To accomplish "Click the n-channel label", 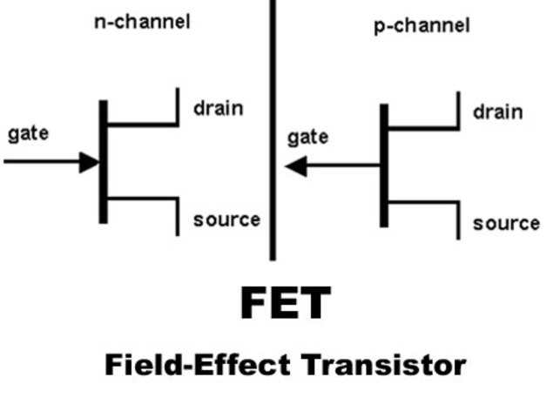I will pos(141,22).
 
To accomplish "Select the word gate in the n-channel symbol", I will pos(28,134).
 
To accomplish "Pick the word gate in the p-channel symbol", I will pos(307,137).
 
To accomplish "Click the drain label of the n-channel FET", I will pos(218,109).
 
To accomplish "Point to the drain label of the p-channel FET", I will pos(498,112).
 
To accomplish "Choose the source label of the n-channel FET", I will pos(226,219).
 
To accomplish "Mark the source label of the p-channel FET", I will pos(506,223).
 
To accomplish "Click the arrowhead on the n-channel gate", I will pos(90,162).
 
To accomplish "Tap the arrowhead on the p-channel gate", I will pos(297,165).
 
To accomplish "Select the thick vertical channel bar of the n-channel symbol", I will pos(103,162).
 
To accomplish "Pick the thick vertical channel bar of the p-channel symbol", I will pos(384,165).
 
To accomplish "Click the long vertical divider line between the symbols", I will pos(272,131).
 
